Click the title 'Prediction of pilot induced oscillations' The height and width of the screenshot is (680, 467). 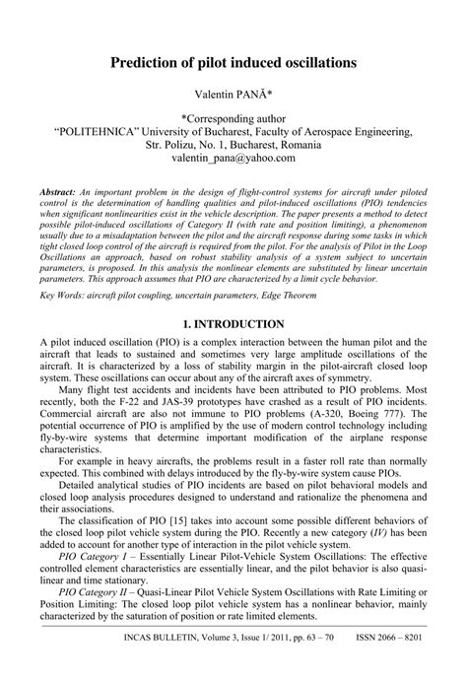coord(233,62)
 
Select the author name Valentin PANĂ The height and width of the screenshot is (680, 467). coord(233,95)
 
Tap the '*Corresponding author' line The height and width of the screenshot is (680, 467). coord(233,117)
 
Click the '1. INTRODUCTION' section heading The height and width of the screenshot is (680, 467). coord(233,297)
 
